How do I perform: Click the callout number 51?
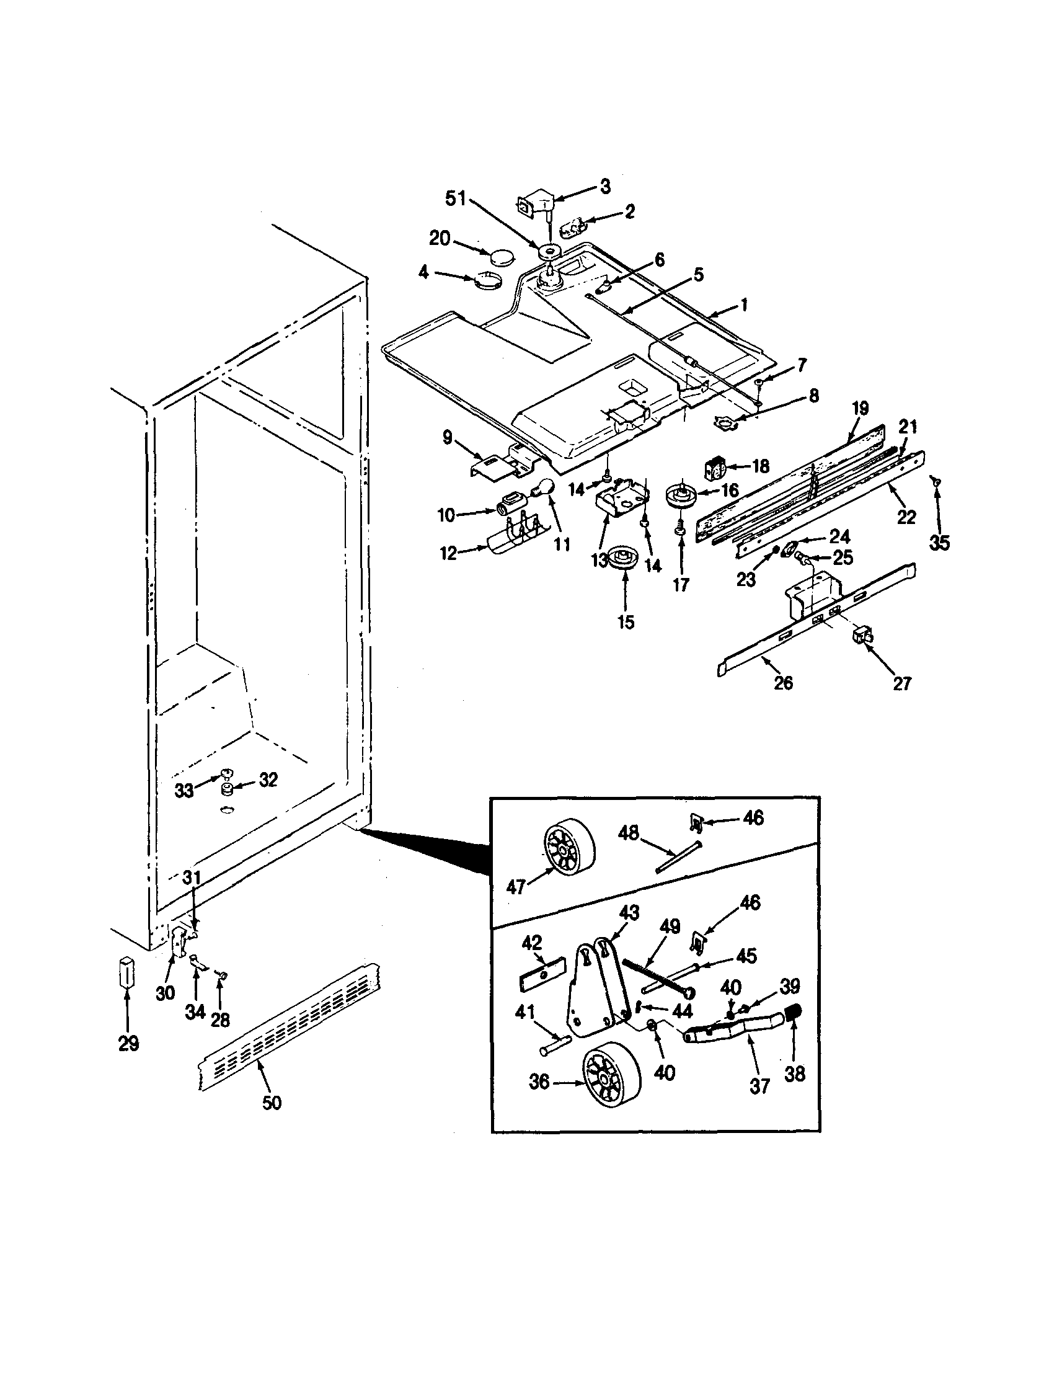[x=455, y=199]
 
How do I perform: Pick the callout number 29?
[x=128, y=1044]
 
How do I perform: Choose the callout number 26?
[x=783, y=682]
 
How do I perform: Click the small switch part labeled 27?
[x=860, y=636]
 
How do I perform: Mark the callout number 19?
[x=860, y=409]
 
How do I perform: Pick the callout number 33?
[x=184, y=790]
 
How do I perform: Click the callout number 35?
[x=939, y=543]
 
